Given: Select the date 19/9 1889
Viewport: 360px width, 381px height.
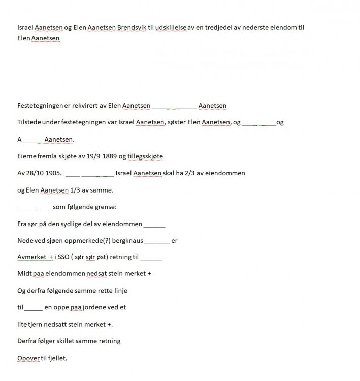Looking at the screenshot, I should tap(102, 156).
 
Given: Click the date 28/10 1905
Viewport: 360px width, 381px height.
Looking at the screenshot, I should tap(44, 173).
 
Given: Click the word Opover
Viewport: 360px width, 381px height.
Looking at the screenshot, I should tap(28, 358).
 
